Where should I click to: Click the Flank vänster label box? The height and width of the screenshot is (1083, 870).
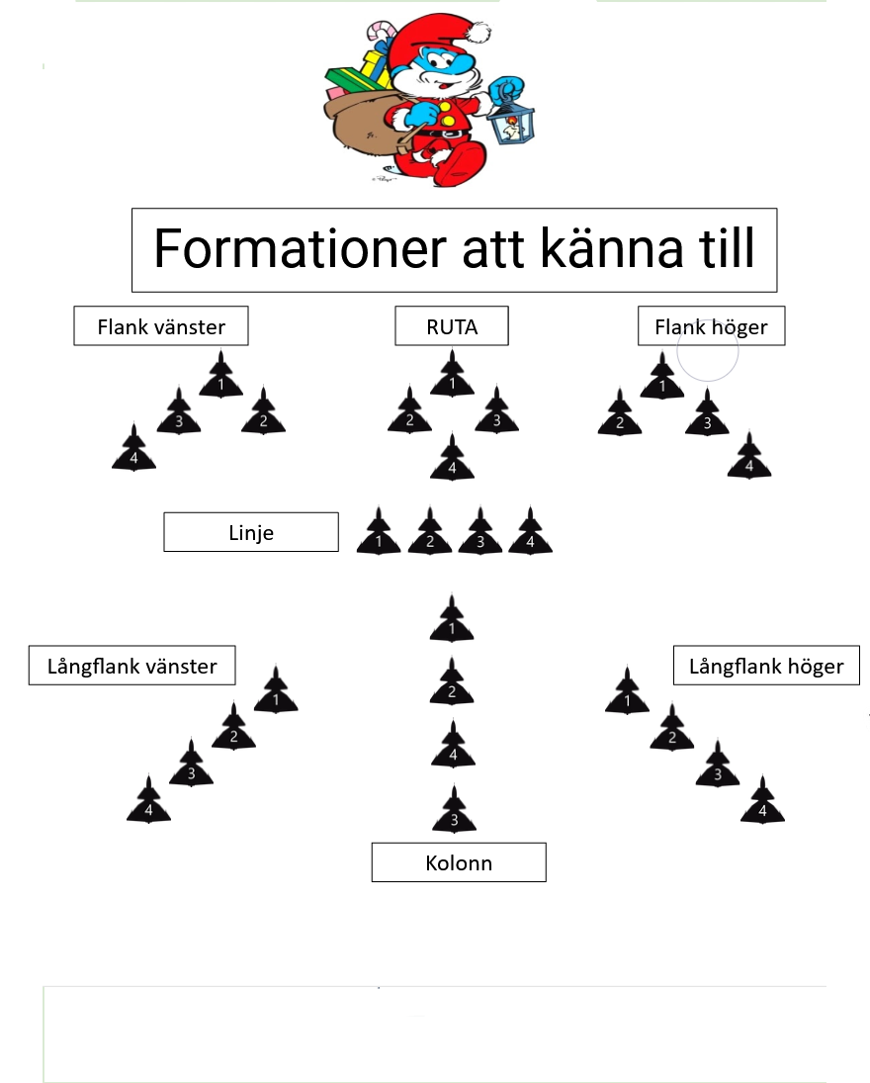coord(161,326)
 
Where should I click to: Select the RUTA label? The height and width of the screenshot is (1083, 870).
coord(452,326)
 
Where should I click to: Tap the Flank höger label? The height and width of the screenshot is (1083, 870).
coord(711,326)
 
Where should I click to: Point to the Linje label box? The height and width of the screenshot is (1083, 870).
coord(251,532)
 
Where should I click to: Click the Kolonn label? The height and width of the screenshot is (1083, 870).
coord(459,862)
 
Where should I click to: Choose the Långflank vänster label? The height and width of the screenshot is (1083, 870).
coord(132,666)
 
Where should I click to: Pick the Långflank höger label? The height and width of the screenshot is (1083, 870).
coord(766,666)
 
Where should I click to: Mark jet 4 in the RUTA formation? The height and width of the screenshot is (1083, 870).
coord(452,459)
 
